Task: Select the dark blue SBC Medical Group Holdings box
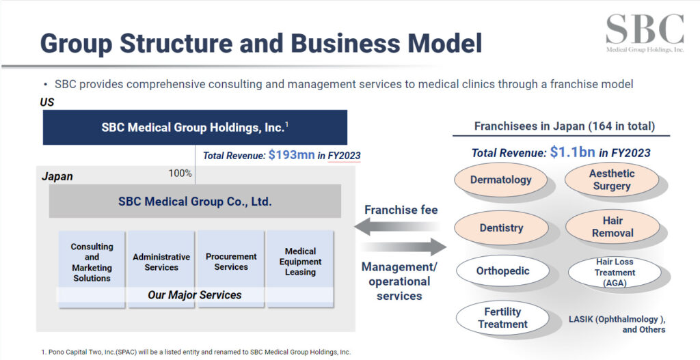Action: pyautogui.click(x=195, y=127)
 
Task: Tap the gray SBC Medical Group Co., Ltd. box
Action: pyautogui.click(x=195, y=202)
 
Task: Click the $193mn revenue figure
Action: pyautogui.click(x=291, y=155)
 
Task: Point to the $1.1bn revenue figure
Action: pyautogui.click(x=572, y=152)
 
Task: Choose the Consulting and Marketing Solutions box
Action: pyautogui.click(x=92, y=262)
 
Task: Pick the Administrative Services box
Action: pyautogui.click(x=161, y=262)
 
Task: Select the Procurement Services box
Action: pyautogui.click(x=231, y=262)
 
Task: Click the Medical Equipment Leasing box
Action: pyautogui.click(x=300, y=262)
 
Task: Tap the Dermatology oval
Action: pyautogui.click(x=501, y=180)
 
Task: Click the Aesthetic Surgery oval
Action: pyautogui.click(x=612, y=180)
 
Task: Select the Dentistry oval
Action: pyautogui.click(x=501, y=228)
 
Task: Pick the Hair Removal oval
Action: pyautogui.click(x=612, y=227)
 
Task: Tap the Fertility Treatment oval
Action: pyautogui.click(x=502, y=318)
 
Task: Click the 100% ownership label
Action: pyautogui.click(x=180, y=174)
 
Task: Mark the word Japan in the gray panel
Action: pyautogui.click(x=57, y=176)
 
